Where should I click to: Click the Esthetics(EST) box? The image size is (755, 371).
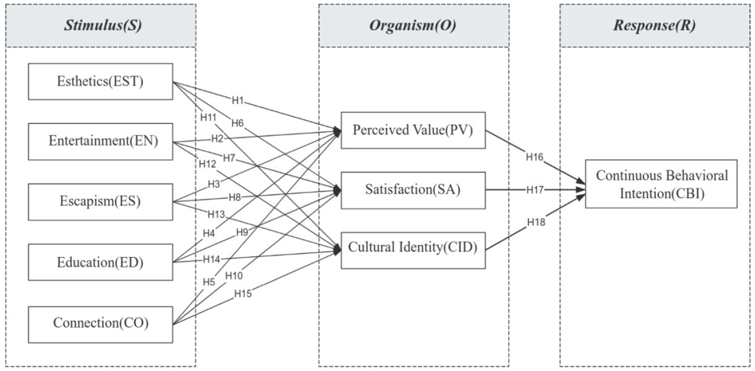(100, 82)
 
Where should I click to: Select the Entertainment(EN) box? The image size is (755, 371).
(100, 141)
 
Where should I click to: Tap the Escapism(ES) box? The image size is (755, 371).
(100, 202)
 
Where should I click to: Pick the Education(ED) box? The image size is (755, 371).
(100, 262)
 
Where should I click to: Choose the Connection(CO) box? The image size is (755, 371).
(100, 324)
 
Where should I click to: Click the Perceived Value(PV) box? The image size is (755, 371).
(413, 130)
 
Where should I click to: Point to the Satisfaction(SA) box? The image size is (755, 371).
(413, 190)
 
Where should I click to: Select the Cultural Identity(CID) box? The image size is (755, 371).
(413, 250)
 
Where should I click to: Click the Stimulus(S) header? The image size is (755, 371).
(101, 25)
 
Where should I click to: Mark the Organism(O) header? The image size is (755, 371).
(414, 25)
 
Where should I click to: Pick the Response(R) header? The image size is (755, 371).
(654, 25)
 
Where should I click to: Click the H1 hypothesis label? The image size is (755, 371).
(238, 100)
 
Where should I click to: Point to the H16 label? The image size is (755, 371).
(534, 157)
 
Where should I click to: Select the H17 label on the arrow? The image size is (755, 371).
(534, 190)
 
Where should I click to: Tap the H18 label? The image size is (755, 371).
(536, 222)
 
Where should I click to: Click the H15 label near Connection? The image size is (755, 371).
(243, 294)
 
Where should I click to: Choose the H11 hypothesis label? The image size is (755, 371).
(208, 117)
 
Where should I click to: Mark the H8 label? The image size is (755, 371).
(235, 197)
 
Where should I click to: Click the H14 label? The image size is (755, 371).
(211, 259)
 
